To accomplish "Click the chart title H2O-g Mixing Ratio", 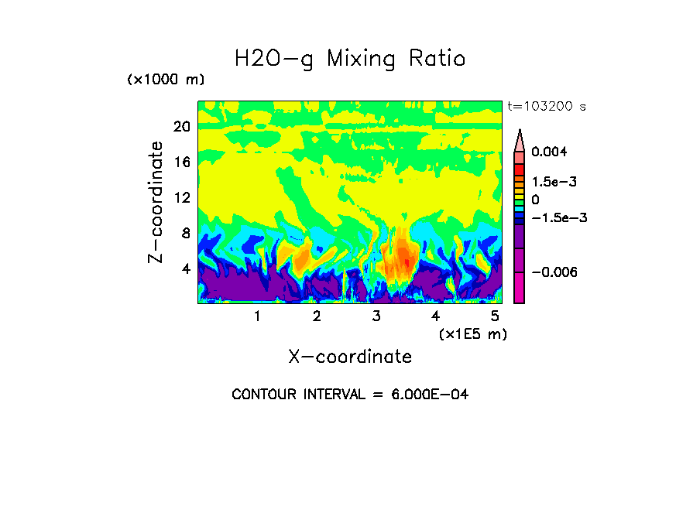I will [350, 59].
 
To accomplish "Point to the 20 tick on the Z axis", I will [181, 127].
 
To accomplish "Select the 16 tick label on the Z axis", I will [181, 162].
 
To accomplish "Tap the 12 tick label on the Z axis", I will [181, 198].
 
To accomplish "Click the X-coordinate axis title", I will [350, 357].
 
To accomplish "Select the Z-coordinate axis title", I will [156, 202].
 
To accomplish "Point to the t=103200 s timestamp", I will [546, 107].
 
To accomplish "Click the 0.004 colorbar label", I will [550, 152].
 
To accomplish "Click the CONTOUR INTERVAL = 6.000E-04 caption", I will [350, 395].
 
